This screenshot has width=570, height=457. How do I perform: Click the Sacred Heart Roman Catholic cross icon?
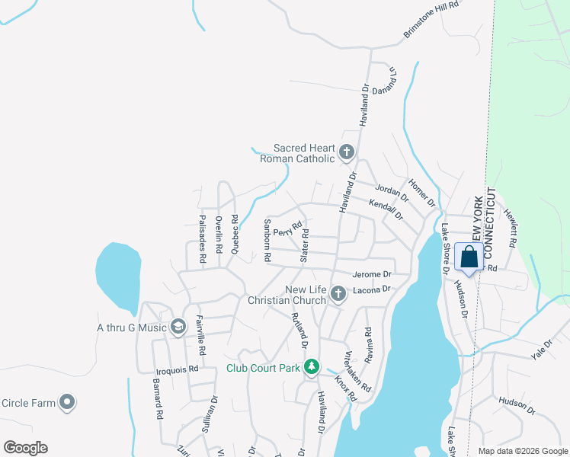point(347,152)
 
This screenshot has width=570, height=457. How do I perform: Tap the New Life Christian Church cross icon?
point(338,293)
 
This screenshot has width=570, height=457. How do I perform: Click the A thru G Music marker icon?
point(178,328)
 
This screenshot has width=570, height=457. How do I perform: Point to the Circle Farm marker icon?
point(67,401)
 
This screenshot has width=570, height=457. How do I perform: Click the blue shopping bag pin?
point(469,257)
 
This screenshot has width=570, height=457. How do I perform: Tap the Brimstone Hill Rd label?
point(433,20)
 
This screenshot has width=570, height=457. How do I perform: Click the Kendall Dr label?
point(385,209)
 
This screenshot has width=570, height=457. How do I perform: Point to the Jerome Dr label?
point(372,274)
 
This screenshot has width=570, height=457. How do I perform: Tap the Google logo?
point(25,447)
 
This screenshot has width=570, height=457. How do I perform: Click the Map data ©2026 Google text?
point(522,450)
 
